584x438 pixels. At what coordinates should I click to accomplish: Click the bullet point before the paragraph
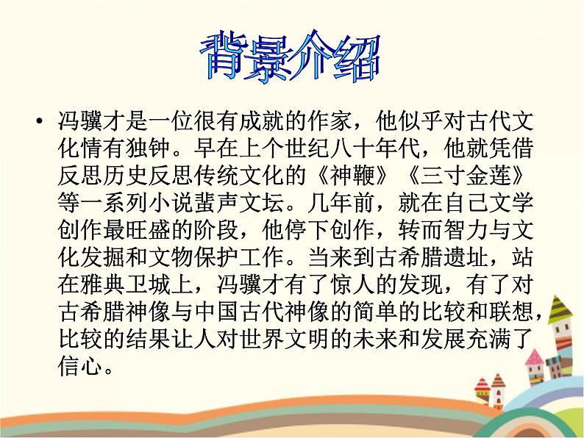[x=39, y=121]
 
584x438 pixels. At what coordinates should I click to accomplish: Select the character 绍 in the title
[x=357, y=57]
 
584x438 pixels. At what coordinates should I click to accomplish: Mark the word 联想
[x=511, y=312]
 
